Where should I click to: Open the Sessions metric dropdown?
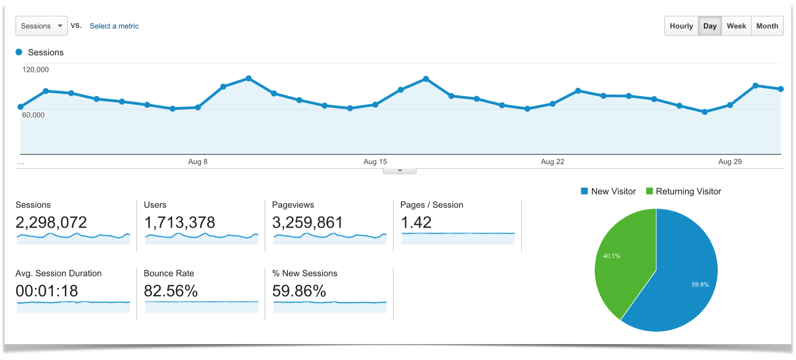[x=41, y=26]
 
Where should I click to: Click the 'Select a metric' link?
[x=114, y=26]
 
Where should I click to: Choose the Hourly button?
[x=681, y=26]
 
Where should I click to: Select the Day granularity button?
[x=710, y=26]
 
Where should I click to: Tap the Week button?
[x=736, y=26]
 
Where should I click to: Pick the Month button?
[x=767, y=26]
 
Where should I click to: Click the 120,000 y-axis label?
[x=35, y=69]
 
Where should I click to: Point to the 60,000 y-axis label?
[x=33, y=115]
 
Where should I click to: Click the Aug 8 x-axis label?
[x=198, y=161]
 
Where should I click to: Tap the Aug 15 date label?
[x=375, y=161]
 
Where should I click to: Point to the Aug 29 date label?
[x=730, y=161]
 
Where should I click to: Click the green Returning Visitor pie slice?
[x=623, y=258]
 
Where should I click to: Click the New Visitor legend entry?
[x=608, y=191]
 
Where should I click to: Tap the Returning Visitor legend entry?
[x=684, y=191]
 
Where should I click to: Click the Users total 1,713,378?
[x=179, y=222]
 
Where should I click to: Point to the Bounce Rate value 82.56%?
[x=171, y=291]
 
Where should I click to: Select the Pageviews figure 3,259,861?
[x=307, y=222]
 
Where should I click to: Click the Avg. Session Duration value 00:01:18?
[x=47, y=291]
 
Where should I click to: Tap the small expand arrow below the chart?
[x=400, y=171]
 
